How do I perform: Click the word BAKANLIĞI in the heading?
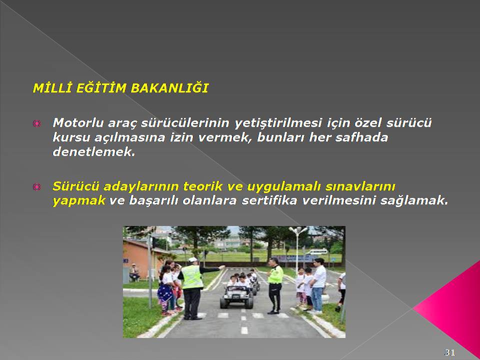[x=169, y=88]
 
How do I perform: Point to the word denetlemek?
[x=94, y=151]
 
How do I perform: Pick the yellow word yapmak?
[x=79, y=201]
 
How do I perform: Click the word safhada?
[x=362, y=137]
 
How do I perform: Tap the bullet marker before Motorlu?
[x=36, y=123]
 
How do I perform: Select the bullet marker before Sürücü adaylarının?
[x=36, y=186]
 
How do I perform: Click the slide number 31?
[x=449, y=352]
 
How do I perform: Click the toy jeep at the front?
[x=236, y=296]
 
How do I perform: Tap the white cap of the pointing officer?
[x=193, y=259]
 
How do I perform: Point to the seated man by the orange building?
[x=134, y=272]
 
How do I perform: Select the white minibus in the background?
[x=317, y=252]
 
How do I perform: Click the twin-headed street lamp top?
[x=298, y=229]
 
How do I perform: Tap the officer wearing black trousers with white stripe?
[x=275, y=285]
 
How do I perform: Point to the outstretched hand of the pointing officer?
[x=222, y=267]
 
